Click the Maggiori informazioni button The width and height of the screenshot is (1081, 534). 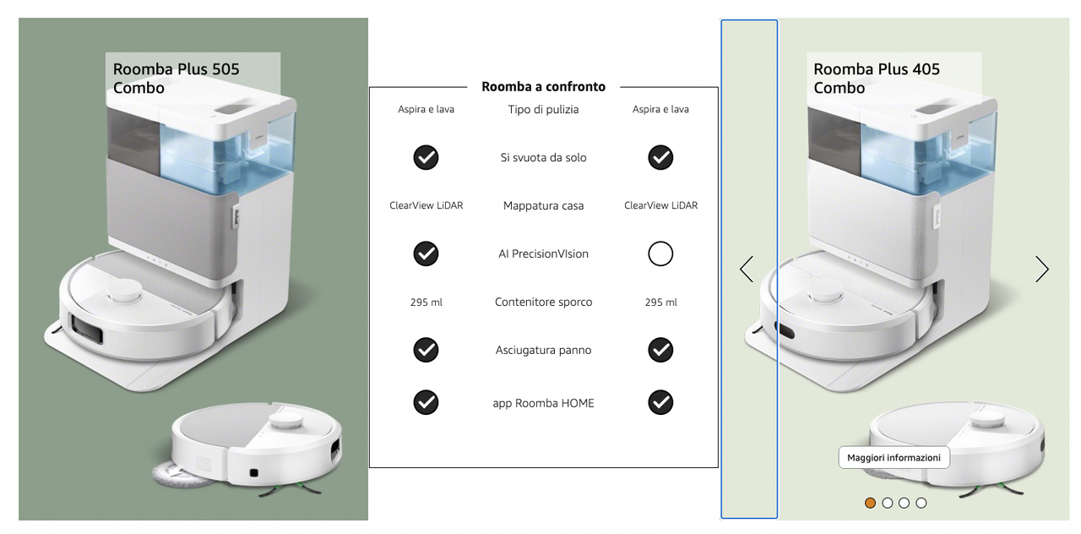pos(894,457)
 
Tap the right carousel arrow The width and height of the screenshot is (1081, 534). pos(1042,269)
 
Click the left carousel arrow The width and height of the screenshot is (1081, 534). pos(747,269)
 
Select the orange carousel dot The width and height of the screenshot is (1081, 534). pos(870,503)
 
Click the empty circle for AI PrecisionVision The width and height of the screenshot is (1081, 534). pos(660,253)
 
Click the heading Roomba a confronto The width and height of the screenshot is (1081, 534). pos(543,86)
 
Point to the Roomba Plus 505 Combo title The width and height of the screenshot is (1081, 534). pos(176,79)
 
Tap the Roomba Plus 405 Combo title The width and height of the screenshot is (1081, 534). pos(877,79)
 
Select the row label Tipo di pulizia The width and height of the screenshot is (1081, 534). pos(543,110)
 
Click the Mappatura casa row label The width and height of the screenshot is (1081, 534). pos(543,205)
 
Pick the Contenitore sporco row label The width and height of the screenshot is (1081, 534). pos(543,302)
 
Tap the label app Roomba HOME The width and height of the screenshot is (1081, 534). pos(543,403)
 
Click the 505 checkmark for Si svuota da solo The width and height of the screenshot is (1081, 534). pos(426,157)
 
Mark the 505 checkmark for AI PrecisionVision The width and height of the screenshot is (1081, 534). pos(426,253)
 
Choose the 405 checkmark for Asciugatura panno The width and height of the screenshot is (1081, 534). pos(660,350)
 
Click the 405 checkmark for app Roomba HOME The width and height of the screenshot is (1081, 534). pos(660,402)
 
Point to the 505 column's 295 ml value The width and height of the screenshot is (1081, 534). pos(426,302)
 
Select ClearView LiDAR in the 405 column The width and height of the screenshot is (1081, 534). pos(660,205)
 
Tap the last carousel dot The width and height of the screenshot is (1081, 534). pos(921,503)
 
